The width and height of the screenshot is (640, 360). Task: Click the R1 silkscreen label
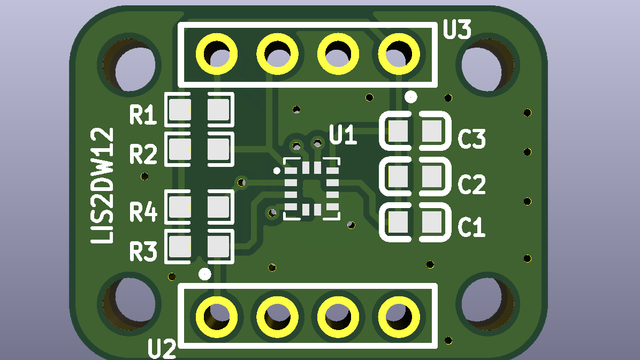[143, 114]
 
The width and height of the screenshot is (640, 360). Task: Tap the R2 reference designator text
[143, 154]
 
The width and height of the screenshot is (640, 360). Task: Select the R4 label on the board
[143, 211]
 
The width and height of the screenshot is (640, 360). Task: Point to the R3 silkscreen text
[143, 251]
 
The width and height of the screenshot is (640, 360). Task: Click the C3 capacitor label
[472, 139]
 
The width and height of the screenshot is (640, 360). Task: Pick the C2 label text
[472, 184]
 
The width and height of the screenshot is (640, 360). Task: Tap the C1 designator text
[471, 227]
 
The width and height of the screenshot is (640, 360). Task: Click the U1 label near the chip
[343, 135]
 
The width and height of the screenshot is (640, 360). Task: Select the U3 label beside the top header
[457, 29]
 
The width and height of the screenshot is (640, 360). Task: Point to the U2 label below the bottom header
[162, 349]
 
